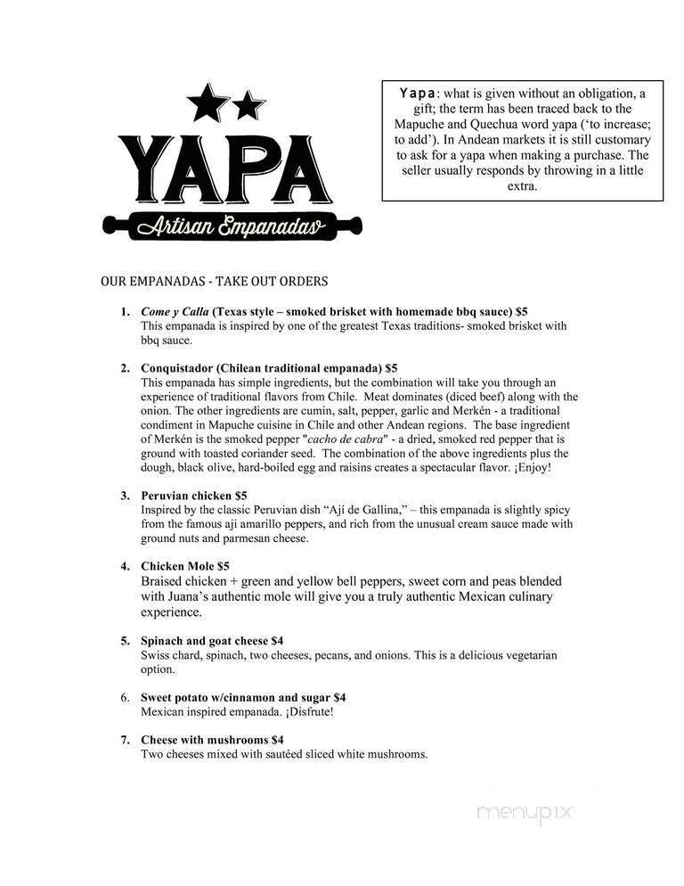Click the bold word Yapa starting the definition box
417,93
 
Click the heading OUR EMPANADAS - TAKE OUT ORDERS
214,282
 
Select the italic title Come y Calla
174,312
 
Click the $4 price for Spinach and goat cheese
277,641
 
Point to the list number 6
126,697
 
